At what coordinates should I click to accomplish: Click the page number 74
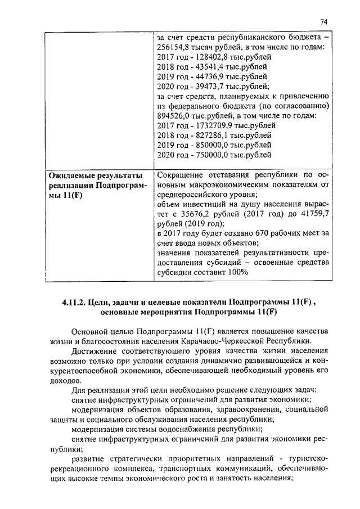323,21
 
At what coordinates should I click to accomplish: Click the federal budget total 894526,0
175,115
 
